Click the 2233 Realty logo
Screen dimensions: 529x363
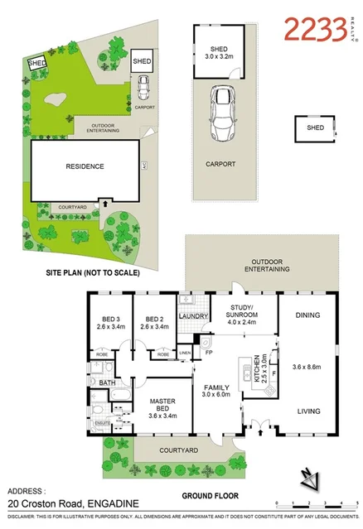click(x=315, y=30)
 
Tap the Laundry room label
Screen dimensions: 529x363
click(x=192, y=315)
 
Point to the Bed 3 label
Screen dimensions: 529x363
click(x=112, y=319)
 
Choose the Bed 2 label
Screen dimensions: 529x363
click(x=155, y=319)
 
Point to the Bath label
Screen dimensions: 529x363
click(x=107, y=383)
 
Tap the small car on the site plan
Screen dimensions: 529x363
click(x=144, y=86)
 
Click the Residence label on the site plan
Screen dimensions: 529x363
click(x=85, y=166)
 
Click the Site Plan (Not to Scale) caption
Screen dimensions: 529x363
click(x=92, y=272)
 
